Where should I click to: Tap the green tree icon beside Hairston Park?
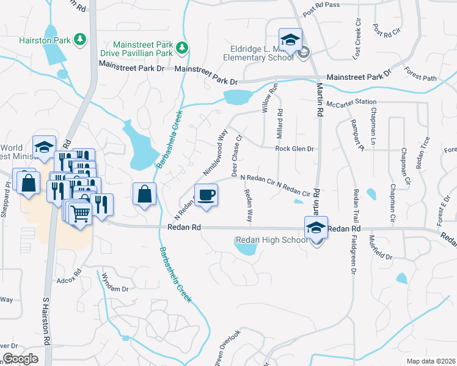coord(79,40)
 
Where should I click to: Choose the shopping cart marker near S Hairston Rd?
coord(79,213)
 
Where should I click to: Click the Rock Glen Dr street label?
coord(294,148)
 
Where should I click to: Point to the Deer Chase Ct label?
coord(238,156)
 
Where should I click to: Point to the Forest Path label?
coord(421,77)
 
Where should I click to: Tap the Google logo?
coord(21,358)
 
